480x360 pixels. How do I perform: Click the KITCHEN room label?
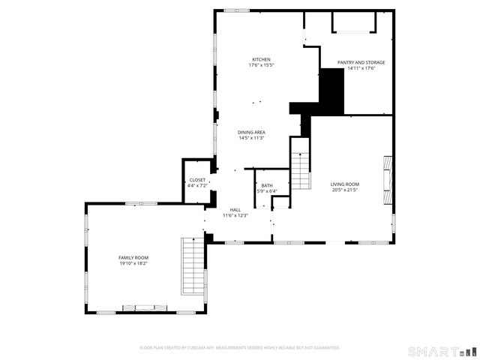point(261,59)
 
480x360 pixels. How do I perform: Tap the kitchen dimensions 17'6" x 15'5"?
point(261,65)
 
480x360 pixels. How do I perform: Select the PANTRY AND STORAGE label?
point(361,62)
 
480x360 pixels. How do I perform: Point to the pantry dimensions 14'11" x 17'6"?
point(361,68)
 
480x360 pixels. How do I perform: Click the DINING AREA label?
point(252,132)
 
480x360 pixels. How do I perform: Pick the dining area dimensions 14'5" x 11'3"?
point(252,138)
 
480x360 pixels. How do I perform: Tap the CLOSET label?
point(197,180)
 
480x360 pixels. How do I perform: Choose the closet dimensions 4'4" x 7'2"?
point(197,185)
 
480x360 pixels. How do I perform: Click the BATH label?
point(267,185)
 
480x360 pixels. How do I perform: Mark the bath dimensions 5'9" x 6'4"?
point(267,191)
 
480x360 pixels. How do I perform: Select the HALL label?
point(235,209)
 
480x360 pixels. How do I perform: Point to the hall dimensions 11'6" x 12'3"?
point(235,215)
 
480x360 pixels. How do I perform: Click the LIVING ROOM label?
point(345,184)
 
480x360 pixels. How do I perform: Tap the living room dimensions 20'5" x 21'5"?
point(345,190)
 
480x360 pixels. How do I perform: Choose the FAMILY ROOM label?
point(133,257)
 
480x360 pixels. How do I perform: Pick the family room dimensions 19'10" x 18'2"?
point(133,263)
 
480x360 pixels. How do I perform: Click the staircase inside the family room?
point(193,265)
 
